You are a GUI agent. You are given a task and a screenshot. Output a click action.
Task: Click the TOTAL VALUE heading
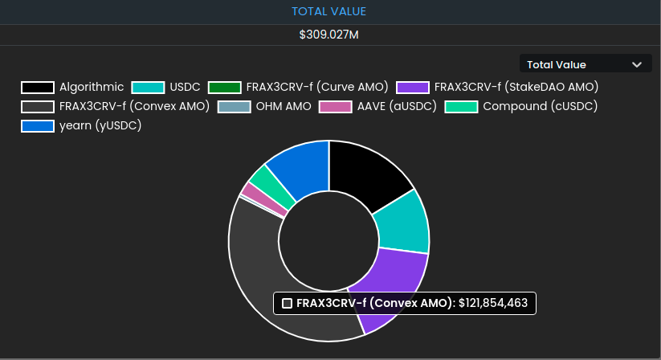pyautogui.click(x=329, y=11)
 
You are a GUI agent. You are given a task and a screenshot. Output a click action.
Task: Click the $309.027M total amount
pyautogui.click(x=329, y=35)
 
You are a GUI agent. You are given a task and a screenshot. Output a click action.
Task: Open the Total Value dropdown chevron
pyautogui.click(x=637, y=64)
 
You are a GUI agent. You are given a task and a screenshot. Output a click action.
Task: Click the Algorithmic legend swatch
pyautogui.click(x=38, y=87)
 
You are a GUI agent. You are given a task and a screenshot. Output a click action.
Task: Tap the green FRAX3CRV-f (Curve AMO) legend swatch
pyautogui.click(x=224, y=87)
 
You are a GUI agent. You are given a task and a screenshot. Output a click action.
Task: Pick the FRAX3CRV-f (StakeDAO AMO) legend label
pyautogui.click(x=515, y=87)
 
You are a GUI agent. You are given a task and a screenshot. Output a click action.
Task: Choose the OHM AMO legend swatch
pyautogui.click(x=235, y=106)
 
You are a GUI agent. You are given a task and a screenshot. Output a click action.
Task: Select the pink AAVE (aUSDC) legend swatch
pyautogui.click(x=335, y=106)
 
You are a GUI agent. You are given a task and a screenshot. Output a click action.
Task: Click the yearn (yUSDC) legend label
pyautogui.click(x=100, y=125)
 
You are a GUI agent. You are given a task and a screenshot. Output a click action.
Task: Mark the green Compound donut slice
pyautogui.click(x=261, y=179)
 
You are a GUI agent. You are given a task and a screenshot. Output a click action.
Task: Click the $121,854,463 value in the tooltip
pyautogui.click(x=493, y=303)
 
